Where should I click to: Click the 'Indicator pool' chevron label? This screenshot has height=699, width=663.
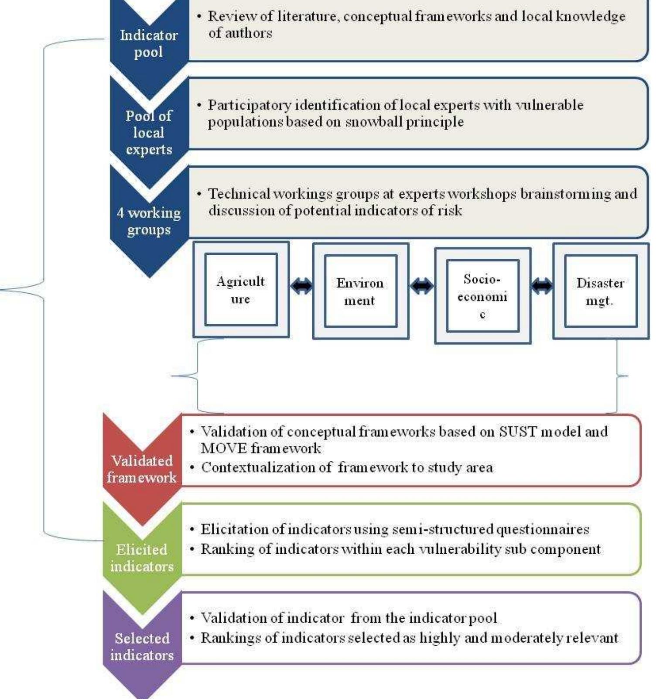[149, 43]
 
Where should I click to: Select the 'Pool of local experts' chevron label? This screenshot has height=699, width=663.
[149, 132]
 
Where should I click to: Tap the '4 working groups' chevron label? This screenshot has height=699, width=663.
[149, 221]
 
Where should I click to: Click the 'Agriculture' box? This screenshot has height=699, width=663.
[241, 290]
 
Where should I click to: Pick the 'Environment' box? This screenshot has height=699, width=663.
[360, 291]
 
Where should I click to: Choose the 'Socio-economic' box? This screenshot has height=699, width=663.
[482, 296]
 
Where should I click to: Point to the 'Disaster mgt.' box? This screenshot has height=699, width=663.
[600, 291]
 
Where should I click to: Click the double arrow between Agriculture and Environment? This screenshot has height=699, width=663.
[301, 286]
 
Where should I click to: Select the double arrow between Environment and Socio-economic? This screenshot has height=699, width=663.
[422, 286]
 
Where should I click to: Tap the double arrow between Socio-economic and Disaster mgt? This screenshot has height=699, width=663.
[542, 286]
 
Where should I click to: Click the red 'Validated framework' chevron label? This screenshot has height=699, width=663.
[142, 469]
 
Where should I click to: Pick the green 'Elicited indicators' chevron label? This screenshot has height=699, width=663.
[142, 558]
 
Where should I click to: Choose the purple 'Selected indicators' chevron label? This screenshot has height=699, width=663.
[142, 647]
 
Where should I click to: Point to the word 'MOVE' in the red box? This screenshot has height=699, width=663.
[223, 448]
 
